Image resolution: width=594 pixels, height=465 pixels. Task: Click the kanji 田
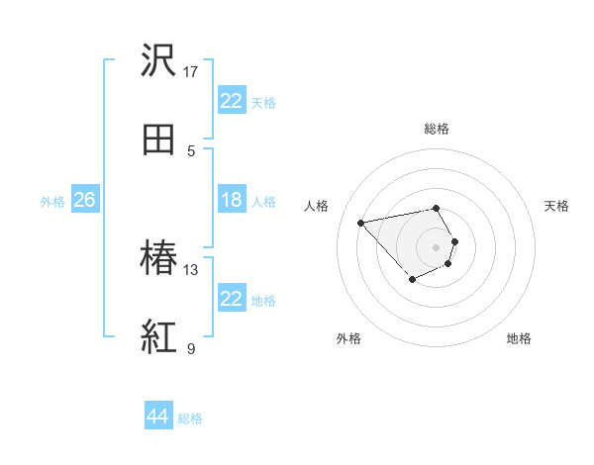158,140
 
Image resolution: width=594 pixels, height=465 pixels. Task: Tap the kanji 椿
158,259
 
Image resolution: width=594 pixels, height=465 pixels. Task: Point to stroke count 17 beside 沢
191,71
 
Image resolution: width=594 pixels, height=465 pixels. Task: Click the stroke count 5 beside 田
191,150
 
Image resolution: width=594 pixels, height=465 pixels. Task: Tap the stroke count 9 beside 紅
191,348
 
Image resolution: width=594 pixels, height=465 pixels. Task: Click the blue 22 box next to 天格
232,101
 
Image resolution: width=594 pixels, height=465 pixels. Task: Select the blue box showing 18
232,200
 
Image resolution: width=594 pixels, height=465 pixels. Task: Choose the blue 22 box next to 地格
232,299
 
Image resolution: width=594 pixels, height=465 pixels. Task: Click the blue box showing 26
84,200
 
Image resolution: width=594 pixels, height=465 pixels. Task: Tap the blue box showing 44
158,417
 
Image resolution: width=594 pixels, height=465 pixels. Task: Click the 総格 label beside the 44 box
190,418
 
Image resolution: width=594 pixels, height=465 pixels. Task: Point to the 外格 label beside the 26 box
52,202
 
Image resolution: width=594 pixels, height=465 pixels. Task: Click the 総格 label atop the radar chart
437,129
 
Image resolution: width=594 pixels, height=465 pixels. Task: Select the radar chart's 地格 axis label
519,338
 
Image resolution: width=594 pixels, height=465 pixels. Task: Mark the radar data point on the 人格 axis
361,222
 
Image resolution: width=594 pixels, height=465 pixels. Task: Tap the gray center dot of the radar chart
437,246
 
